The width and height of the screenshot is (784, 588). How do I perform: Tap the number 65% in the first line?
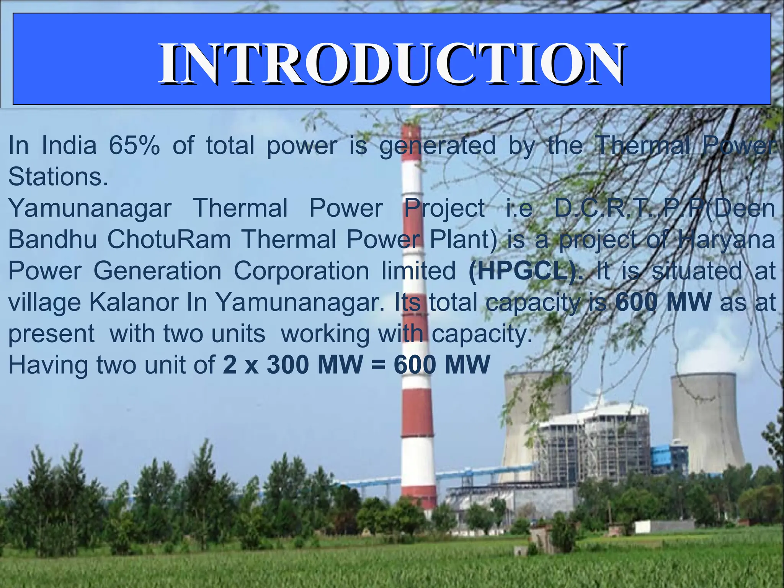point(134,146)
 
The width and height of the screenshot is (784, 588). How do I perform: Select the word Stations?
point(57,177)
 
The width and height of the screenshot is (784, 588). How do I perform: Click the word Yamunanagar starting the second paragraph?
point(90,209)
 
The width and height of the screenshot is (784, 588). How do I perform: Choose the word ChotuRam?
point(169,240)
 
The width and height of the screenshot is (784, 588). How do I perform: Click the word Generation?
point(157,271)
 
